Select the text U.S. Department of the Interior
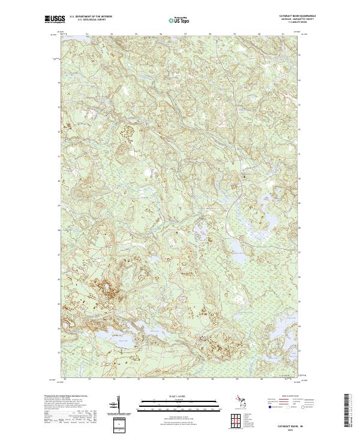[x=91, y=16]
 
